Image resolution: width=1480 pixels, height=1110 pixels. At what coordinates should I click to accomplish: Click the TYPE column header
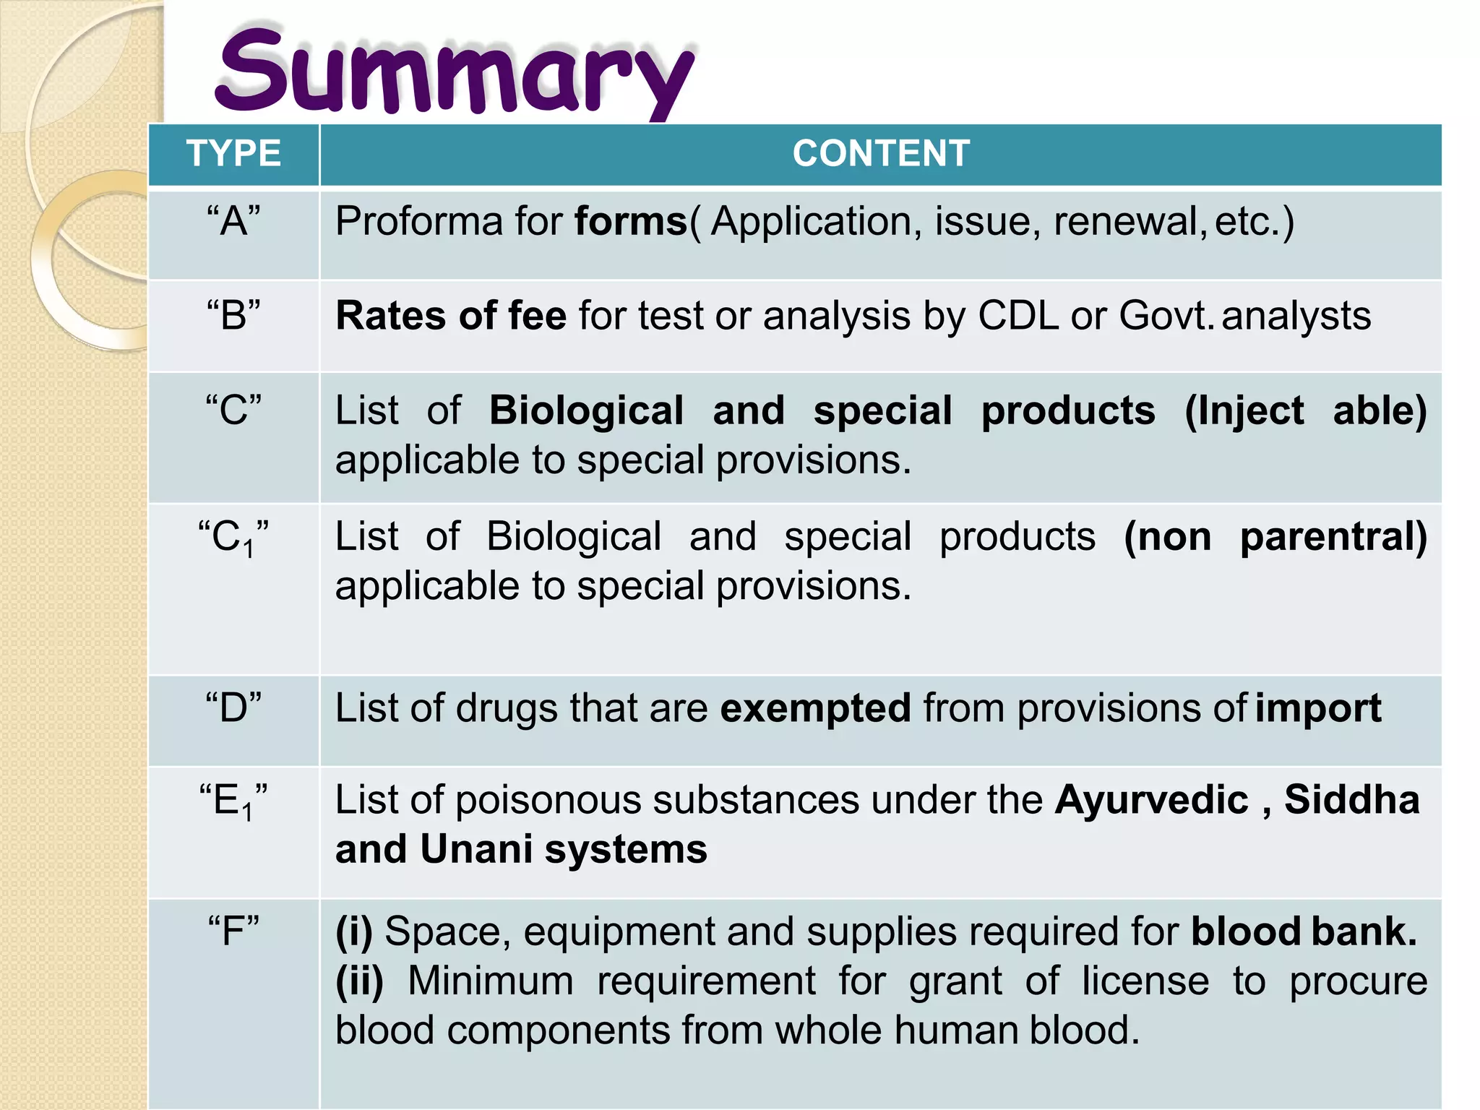tap(233, 154)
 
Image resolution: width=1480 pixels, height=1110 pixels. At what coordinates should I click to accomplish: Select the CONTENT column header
tap(881, 154)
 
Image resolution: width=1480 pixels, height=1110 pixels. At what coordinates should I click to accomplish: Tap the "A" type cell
tap(233, 221)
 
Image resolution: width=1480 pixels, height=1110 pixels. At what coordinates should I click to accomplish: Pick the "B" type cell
tap(233, 316)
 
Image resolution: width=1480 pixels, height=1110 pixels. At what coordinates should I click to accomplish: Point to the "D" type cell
tap(233, 707)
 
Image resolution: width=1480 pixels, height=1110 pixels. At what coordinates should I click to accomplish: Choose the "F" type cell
tap(233, 931)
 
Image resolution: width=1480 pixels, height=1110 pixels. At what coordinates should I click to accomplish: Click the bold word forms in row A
tap(631, 221)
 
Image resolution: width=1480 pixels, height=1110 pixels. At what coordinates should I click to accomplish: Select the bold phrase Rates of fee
tap(451, 316)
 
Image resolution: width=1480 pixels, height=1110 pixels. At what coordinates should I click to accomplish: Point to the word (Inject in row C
tap(1244, 410)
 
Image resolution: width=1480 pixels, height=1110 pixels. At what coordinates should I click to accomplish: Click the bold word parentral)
tap(1333, 537)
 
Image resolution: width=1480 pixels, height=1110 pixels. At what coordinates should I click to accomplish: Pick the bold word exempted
tap(815, 707)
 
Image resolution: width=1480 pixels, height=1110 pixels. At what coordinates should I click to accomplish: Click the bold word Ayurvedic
tap(1152, 801)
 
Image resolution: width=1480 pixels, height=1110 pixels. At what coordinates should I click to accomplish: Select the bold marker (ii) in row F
tap(359, 981)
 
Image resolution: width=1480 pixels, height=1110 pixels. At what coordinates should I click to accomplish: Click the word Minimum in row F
tap(491, 981)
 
